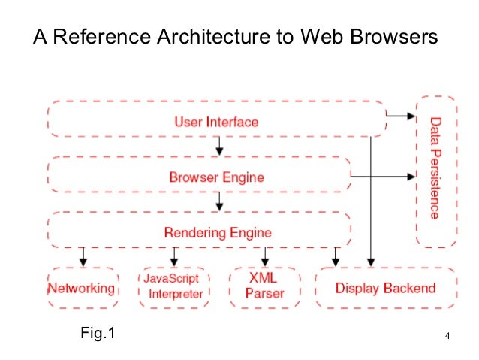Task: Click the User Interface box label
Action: pos(216,121)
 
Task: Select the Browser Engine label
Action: pos(216,177)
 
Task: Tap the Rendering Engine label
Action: pos(218,232)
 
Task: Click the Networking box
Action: pos(82,288)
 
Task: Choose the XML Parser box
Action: pos(265,286)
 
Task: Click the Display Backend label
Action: pos(385,288)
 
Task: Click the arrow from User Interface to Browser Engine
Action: pos(218,146)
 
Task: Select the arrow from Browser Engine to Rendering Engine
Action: pos(218,201)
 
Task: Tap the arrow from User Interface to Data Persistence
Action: pos(401,116)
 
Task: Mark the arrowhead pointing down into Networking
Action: pos(83,261)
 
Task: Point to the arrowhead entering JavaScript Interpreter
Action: pos(174,261)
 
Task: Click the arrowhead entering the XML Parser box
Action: pos(265,261)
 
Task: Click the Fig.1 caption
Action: pos(98,331)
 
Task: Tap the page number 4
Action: pos(447,335)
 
